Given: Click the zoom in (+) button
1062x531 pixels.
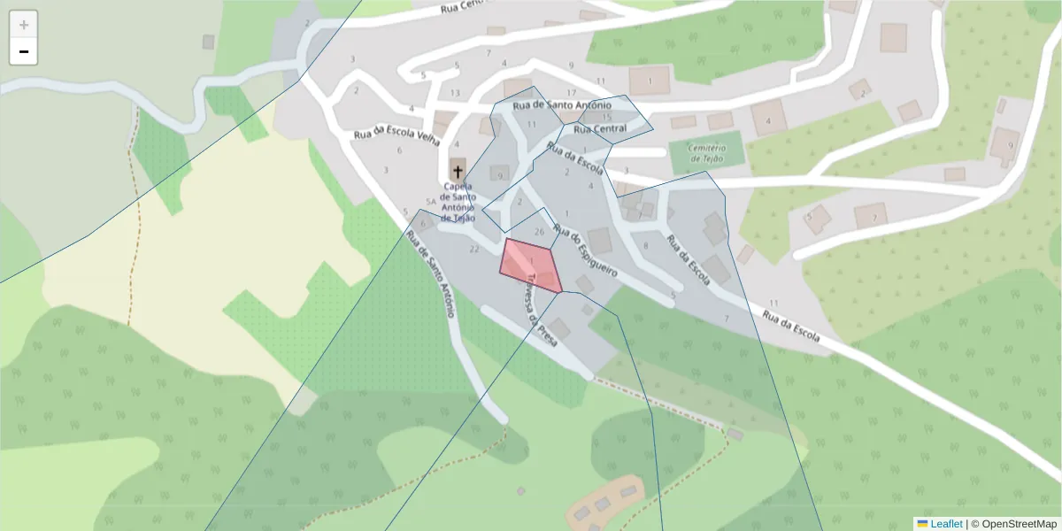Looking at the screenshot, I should [x=24, y=25].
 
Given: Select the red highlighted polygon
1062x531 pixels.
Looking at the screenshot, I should [x=530, y=265].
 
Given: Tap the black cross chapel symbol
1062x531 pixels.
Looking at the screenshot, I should [x=458, y=169].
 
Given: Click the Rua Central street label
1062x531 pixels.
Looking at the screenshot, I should [x=600, y=129].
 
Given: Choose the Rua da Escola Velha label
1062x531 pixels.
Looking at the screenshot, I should [x=396, y=135].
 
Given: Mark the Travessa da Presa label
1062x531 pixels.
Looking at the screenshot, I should [x=541, y=308].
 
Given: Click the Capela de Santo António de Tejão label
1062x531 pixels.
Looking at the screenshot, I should [x=458, y=202].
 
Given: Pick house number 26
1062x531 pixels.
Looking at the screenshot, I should [x=540, y=231].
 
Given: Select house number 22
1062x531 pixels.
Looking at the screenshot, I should [x=474, y=250].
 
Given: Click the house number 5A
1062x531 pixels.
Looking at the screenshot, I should [x=431, y=202].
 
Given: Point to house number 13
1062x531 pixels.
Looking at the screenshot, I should [x=455, y=93].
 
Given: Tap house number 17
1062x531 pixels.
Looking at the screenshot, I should [x=571, y=93].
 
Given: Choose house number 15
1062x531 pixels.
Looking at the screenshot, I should [x=606, y=117].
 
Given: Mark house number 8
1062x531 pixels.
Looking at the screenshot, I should [x=646, y=246].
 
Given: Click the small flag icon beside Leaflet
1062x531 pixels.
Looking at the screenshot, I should [x=922, y=524].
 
